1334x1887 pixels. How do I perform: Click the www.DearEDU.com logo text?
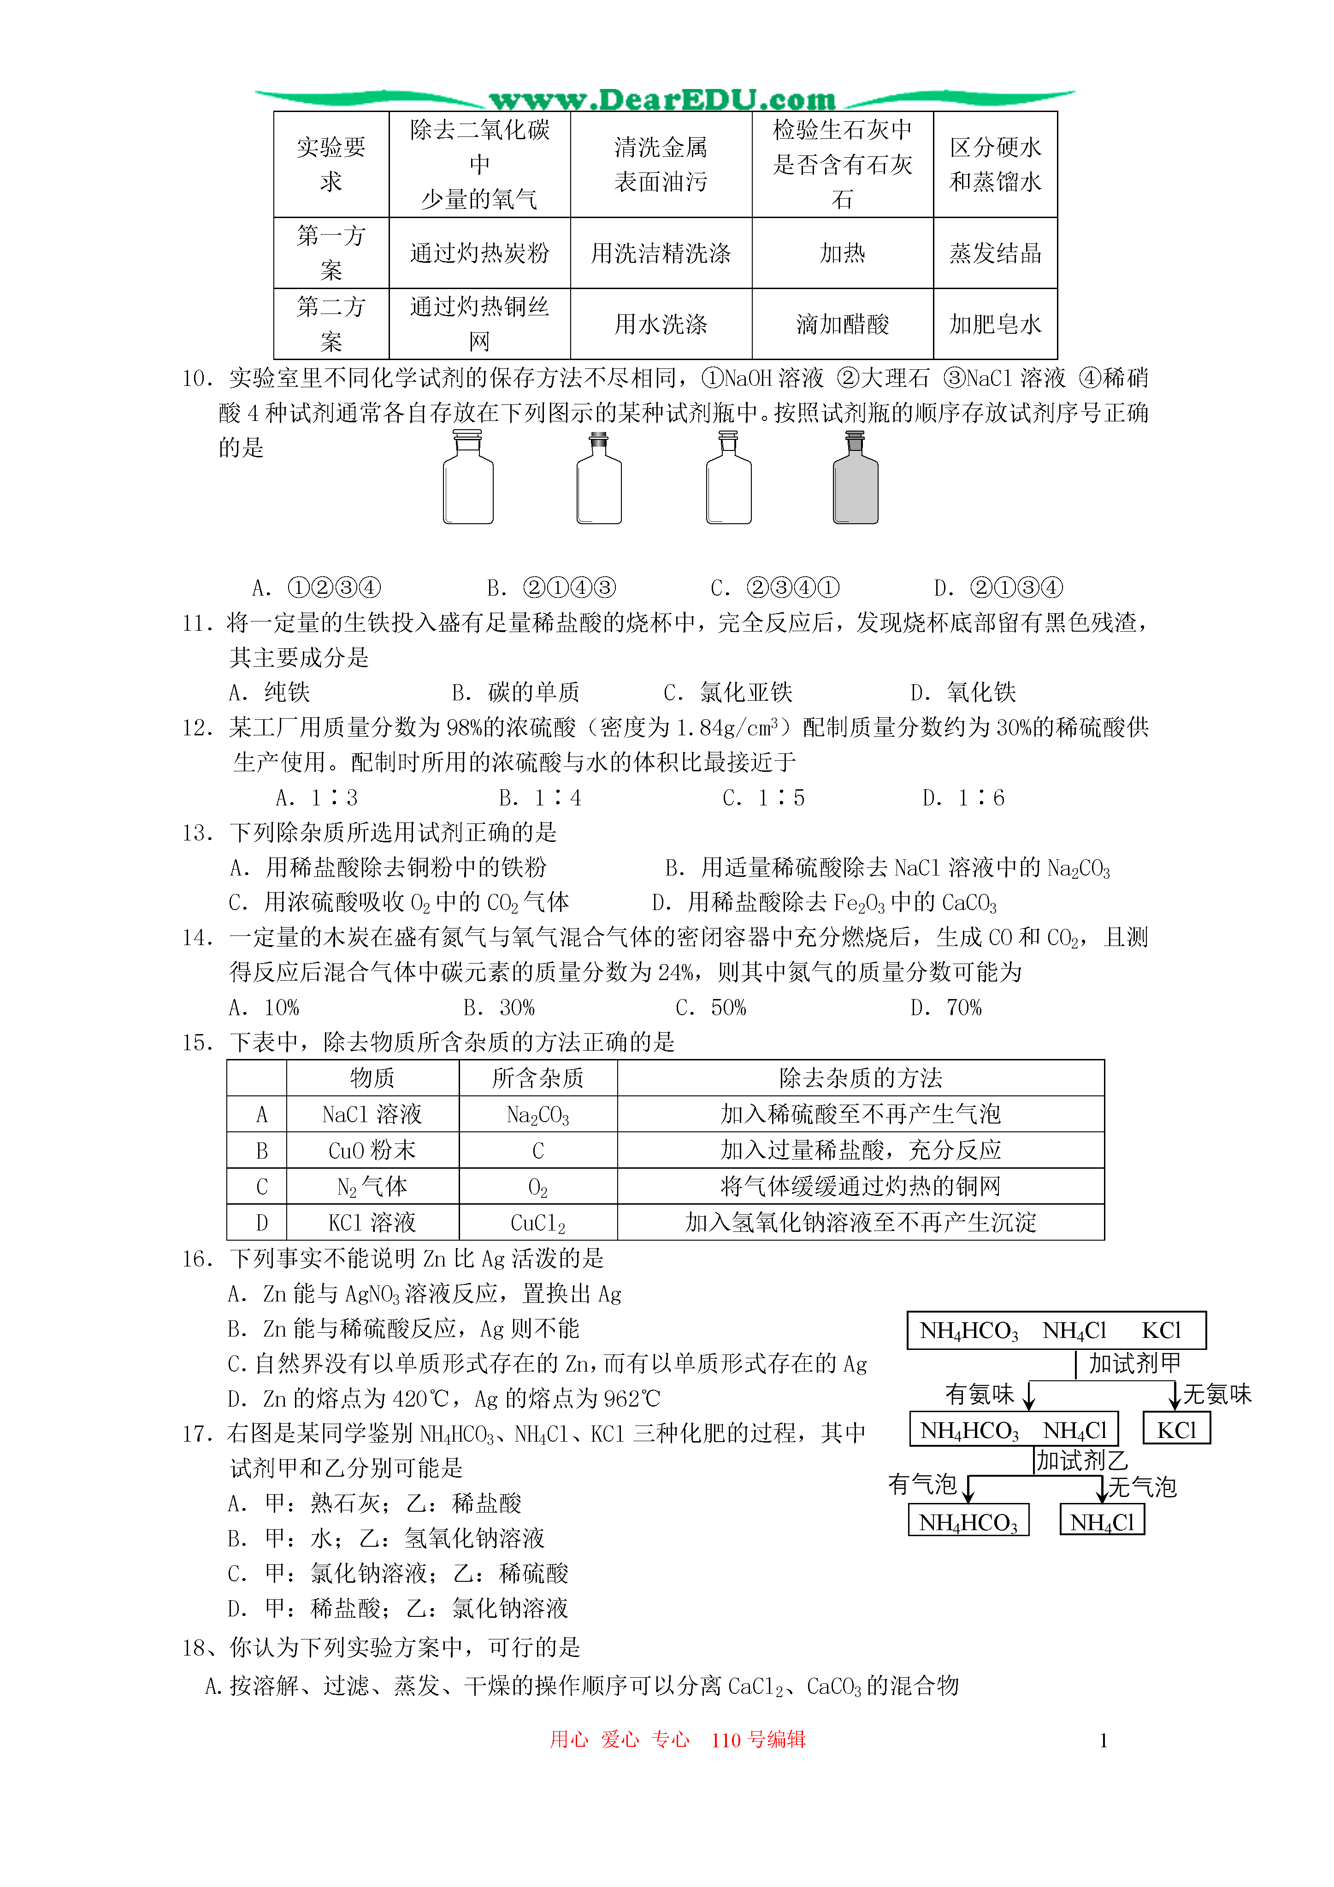point(662,100)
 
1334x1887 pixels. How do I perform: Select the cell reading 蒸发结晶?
point(995,253)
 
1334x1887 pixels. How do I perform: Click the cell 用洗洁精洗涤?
point(661,253)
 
